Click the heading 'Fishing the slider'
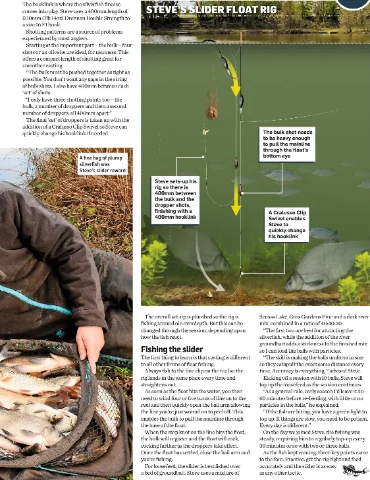pyautogui.click(x=172, y=349)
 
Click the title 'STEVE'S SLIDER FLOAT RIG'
pyautogui.click(x=211, y=10)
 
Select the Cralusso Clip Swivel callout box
pyautogui.click(x=288, y=225)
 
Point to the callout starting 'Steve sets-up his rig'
pyautogui.click(x=175, y=198)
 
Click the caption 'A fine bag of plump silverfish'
pyautogui.click(x=102, y=164)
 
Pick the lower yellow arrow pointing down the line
pyautogui.click(x=235, y=198)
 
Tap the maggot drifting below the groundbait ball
pyautogui.click(x=205, y=133)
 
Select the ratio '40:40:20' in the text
pyautogui.click(x=330, y=324)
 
